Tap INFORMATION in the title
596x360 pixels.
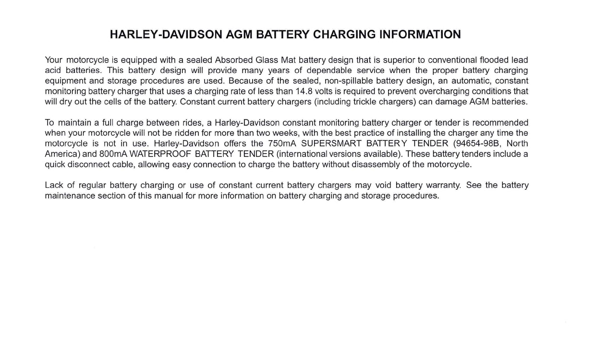coord(420,35)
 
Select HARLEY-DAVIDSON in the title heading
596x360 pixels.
coord(166,35)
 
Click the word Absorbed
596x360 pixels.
coord(234,60)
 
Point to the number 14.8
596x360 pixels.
coord(304,91)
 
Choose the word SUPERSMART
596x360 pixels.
coord(331,144)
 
